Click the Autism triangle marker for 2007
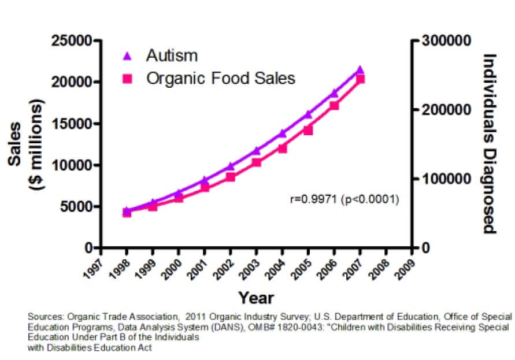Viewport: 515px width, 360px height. (x=360, y=70)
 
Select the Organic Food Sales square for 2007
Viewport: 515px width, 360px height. (x=360, y=79)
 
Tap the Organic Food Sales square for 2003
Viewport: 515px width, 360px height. (x=256, y=162)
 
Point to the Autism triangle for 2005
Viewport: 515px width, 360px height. (x=308, y=114)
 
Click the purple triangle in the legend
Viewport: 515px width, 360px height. (x=128, y=56)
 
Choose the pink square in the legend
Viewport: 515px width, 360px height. (x=128, y=78)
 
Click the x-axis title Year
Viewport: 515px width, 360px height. (x=256, y=298)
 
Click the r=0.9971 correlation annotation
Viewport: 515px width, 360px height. (x=344, y=199)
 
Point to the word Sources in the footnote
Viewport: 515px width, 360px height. (x=45, y=317)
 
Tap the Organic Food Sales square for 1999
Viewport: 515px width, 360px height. (x=153, y=206)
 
